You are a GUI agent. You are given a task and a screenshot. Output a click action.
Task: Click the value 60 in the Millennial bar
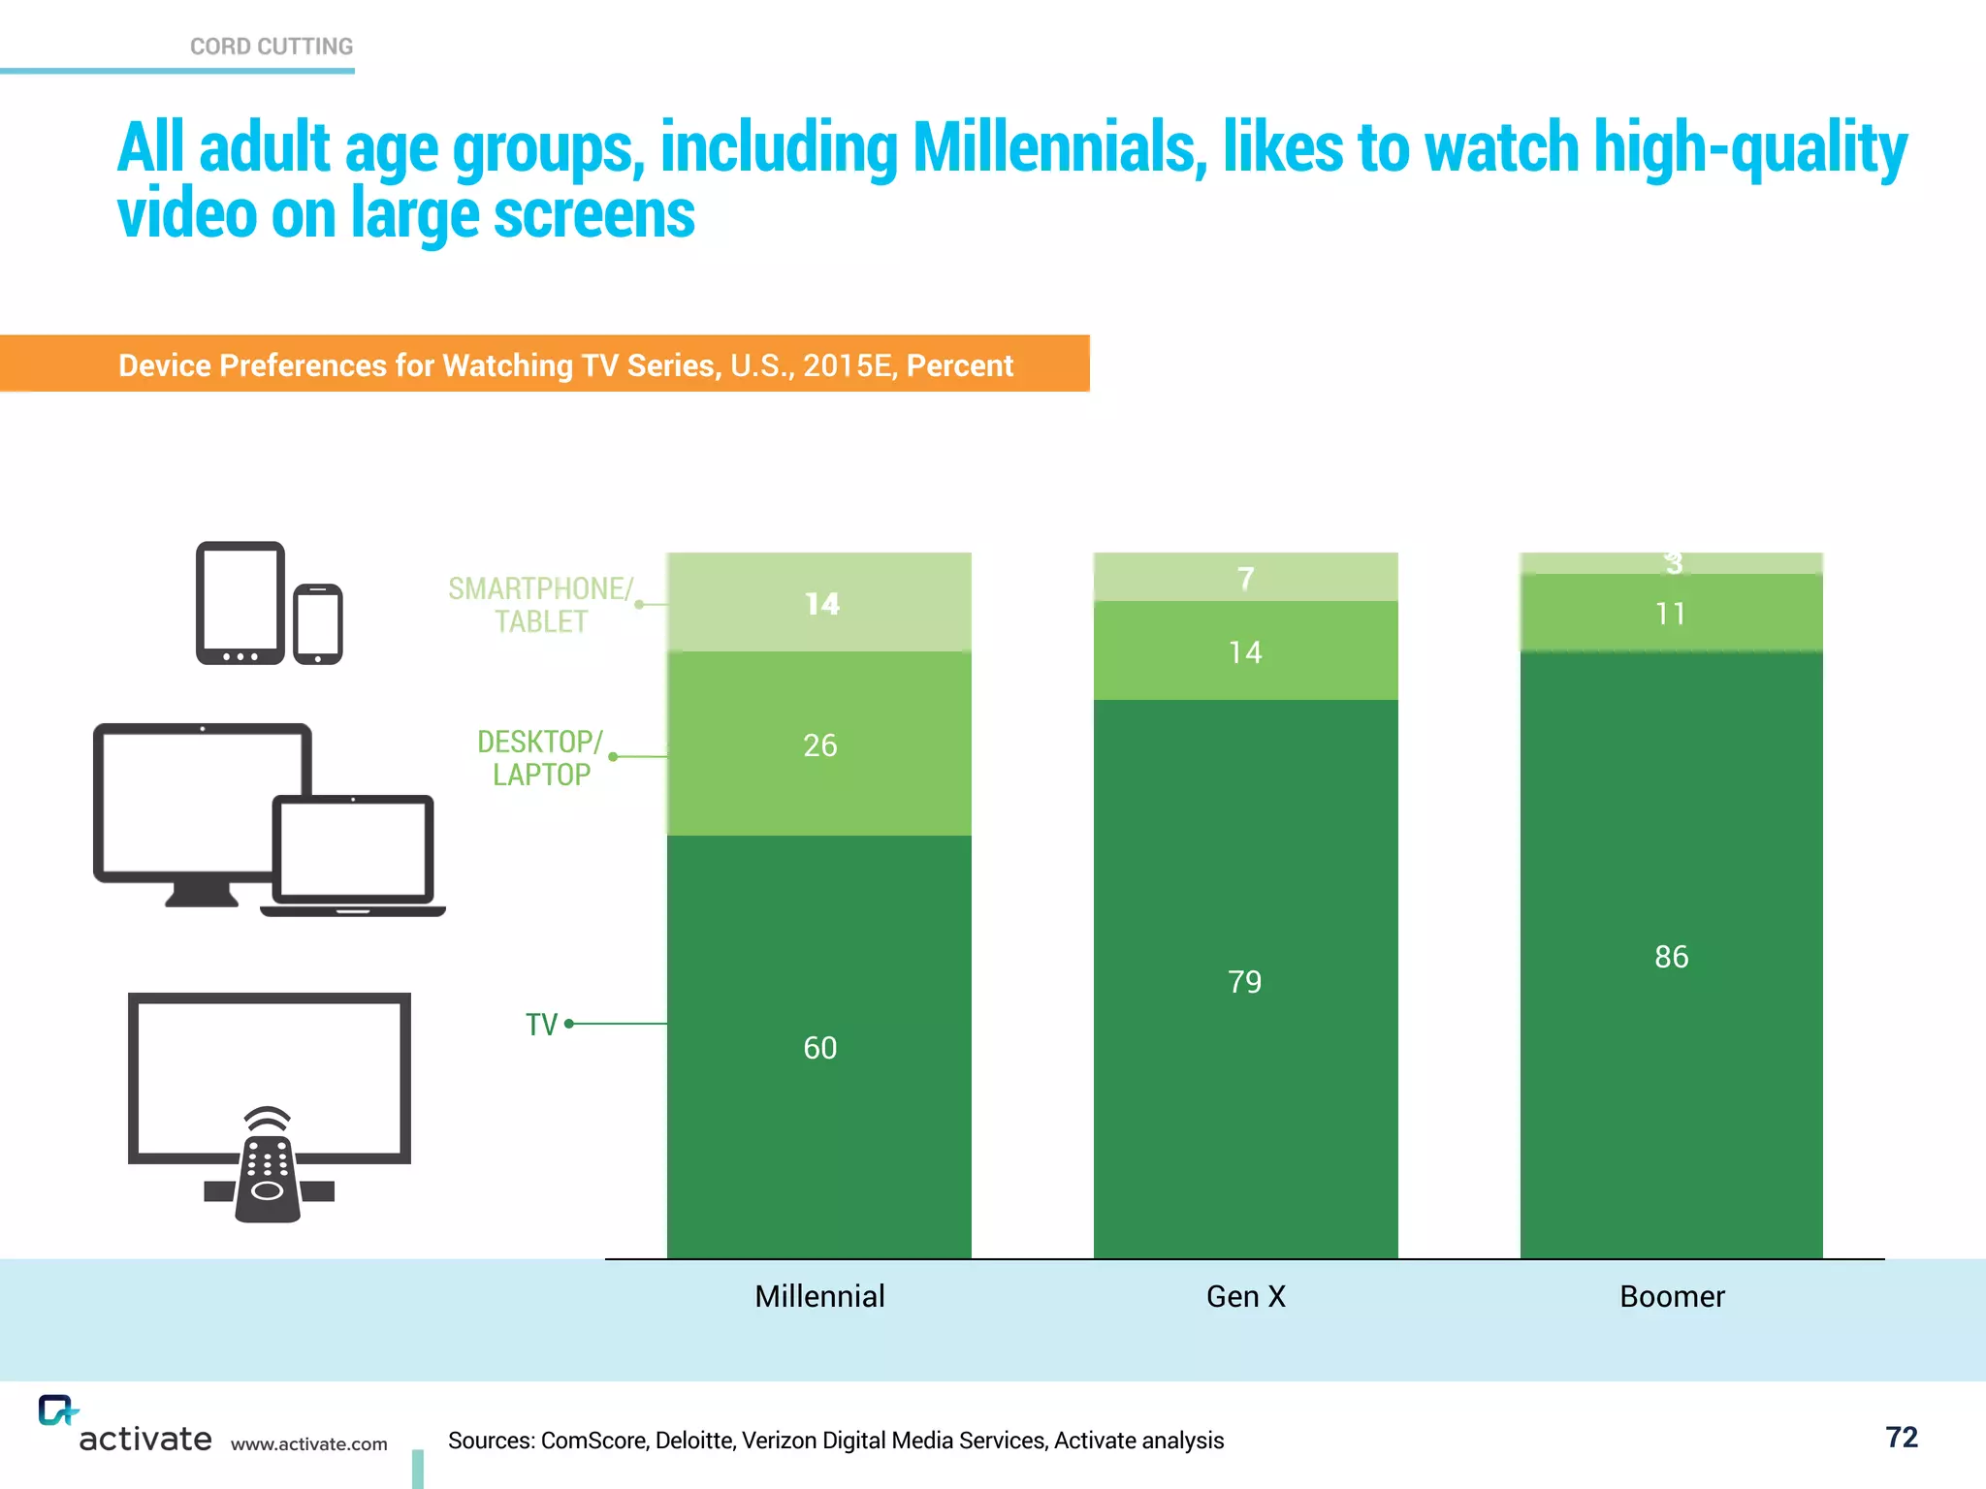pyautogui.click(x=819, y=1048)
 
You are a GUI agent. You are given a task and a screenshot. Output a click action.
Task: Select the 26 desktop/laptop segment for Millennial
pyautogui.click(x=819, y=745)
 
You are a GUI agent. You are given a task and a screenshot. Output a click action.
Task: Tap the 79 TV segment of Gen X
pyautogui.click(x=1245, y=982)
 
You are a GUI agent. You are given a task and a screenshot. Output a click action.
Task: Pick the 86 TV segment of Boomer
pyautogui.click(x=1671, y=957)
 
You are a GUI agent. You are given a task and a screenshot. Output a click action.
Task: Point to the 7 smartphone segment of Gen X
pyautogui.click(x=1246, y=579)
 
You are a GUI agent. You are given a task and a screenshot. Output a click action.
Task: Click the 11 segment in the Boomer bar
pyautogui.click(x=1671, y=614)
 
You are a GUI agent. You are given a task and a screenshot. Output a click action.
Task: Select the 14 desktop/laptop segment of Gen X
pyautogui.click(x=1245, y=652)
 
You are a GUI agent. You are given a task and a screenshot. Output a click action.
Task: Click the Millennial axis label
pyautogui.click(x=819, y=1296)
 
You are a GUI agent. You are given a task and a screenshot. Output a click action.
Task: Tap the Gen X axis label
pyautogui.click(x=1246, y=1296)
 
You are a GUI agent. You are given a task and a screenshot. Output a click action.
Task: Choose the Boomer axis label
pyautogui.click(x=1672, y=1296)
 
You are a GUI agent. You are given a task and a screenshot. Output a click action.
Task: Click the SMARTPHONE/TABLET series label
pyautogui.click(x=540, y=605)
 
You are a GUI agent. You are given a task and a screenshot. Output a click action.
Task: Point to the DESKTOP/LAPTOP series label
pyautogui.click(x=540, y=758)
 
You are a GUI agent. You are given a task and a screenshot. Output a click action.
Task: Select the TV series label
pyautogui.click(x=541, y=1025)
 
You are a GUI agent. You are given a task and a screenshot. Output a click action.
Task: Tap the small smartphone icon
pyautogui.click(x=318, y=624)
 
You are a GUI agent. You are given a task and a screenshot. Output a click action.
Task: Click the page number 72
pyautogui.click(x=1901, y=1437)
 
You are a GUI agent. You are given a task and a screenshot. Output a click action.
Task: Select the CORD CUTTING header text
pyautogui.click(x=272, y=47)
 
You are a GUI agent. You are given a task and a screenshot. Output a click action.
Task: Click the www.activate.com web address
pyautogui.click(x=308, y=1444)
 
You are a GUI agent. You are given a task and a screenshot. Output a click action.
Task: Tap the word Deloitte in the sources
pyautogui.click(x=693, y=1441)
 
